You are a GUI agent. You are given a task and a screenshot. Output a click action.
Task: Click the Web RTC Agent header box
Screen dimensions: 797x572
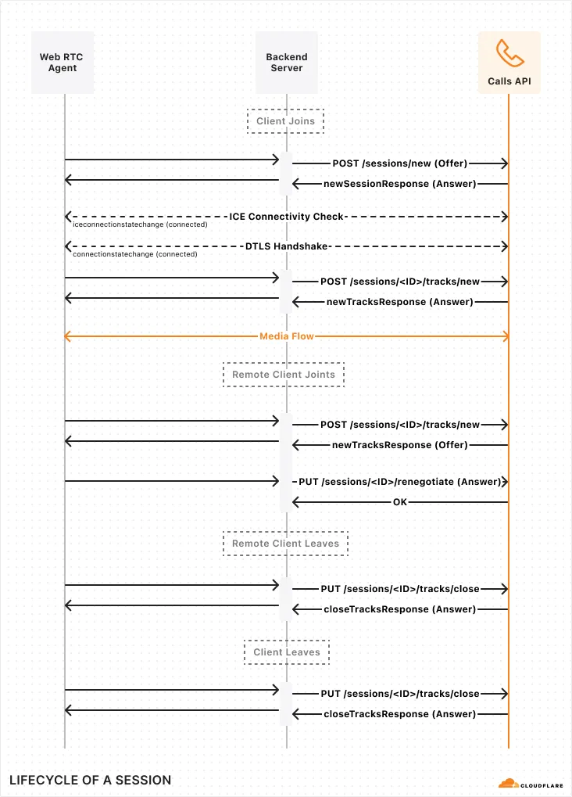(63, 63)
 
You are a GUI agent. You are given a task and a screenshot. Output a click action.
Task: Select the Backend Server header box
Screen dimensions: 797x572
(286, 63)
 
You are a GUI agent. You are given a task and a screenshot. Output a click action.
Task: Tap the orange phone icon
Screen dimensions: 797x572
(509, 53)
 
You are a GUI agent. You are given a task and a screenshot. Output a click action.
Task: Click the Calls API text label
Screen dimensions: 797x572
(509, 81)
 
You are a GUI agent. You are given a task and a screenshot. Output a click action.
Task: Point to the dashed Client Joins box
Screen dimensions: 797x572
(285, 121)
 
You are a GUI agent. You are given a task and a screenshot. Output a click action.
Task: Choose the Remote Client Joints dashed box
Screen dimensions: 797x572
(284, 375)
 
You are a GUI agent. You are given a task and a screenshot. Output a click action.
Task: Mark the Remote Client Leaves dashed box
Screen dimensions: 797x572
(285, 544)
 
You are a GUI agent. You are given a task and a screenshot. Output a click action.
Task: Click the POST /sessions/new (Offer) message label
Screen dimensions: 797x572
(399, 163)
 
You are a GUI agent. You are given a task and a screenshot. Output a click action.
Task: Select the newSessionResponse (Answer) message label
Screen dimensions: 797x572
(399, 184)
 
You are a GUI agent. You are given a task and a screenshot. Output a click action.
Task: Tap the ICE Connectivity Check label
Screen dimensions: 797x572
(286, 216)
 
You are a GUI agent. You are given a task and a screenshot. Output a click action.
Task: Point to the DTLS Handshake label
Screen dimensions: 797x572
(286, 246)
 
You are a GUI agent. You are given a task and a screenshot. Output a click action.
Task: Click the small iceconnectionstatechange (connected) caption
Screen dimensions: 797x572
(140, 224)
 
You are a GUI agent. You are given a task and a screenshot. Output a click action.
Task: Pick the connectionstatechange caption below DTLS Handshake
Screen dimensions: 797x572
(134, 254)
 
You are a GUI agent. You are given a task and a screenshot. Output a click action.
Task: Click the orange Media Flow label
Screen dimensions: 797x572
(286, 336)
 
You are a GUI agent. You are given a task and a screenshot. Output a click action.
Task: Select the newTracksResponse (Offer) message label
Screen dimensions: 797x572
(399, 444)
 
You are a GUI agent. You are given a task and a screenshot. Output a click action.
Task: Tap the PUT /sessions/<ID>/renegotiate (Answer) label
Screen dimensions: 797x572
(399, 482)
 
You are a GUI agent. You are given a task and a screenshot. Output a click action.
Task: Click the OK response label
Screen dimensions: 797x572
(399, 502)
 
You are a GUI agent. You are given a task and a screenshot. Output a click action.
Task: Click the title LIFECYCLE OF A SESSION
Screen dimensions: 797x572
(90, 780)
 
